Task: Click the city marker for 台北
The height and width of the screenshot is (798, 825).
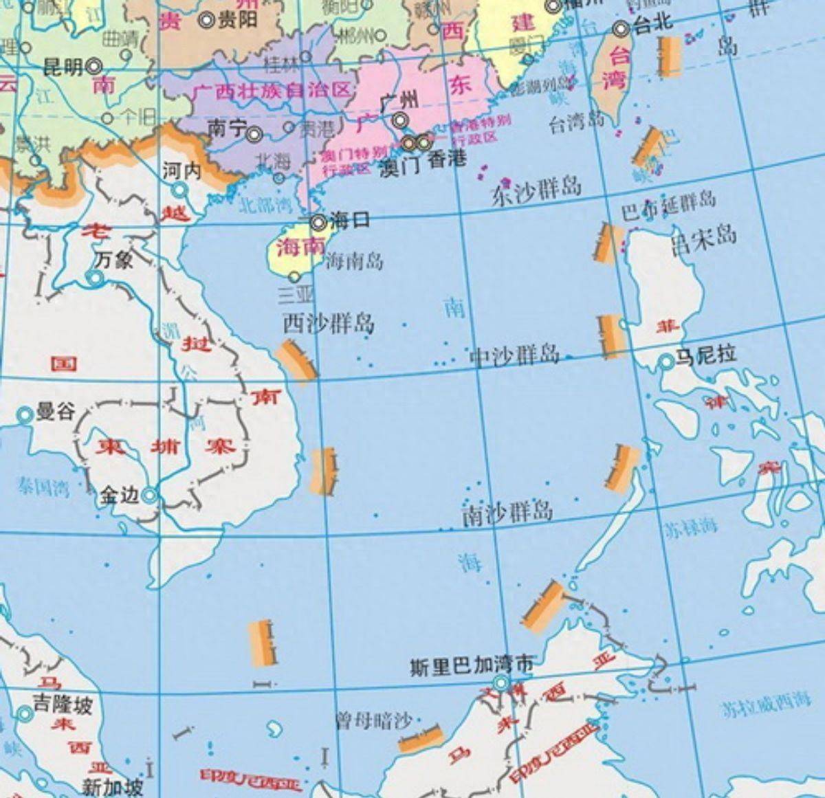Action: point(621,29)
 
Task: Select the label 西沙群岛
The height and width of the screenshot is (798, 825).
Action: point(329,322)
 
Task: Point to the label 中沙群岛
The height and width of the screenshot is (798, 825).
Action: point(514,355)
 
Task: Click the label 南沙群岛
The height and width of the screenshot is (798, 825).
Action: point(507,513)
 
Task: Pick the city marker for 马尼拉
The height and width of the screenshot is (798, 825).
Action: point(665,362)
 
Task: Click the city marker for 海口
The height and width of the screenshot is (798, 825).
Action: point(318,222)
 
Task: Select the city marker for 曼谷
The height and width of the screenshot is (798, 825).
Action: point(25,414)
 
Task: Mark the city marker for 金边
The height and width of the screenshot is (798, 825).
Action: point(150,494)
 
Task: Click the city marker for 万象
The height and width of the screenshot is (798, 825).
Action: point(95,278)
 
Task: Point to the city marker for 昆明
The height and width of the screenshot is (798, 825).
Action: point(94,66)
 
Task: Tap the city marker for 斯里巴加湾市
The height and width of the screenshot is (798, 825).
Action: point(501,683)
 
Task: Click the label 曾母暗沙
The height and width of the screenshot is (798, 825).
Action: point(373,721)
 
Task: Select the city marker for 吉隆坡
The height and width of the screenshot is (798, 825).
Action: point(25,714)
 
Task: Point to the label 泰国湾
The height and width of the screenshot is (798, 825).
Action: point(44,488)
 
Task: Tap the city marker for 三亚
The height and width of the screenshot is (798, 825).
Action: point(295,276)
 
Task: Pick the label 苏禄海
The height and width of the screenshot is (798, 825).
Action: point(690,527)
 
